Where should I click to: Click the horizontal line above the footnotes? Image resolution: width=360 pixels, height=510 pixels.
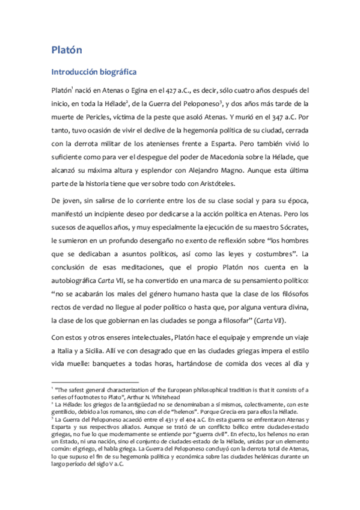click(x=94, y=382)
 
